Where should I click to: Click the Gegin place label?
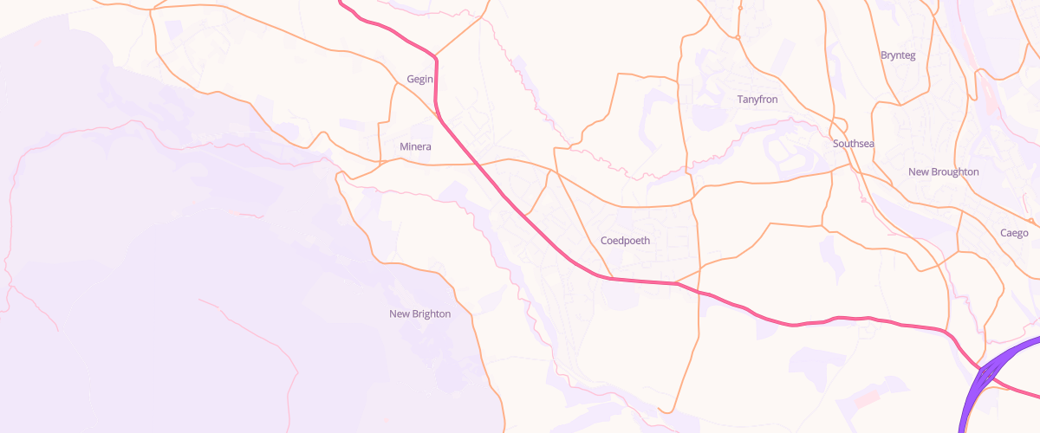tap(419, 80)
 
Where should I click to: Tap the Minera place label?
tap(415, 146)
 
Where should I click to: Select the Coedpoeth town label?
tap(624, 240)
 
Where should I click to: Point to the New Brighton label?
tap(419, 313)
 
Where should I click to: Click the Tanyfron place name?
tap(757, 100)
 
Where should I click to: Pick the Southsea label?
tap(853, 143)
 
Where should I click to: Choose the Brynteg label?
tap(897, 55)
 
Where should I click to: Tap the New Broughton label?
tap(943, 171)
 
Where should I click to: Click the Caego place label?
tap(1014, 233)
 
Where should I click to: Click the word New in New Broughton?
tap(918, 171)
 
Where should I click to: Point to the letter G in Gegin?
tap(410, 80)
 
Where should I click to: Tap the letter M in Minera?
tap(404, 146)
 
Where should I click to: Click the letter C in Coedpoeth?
tap(603, 240)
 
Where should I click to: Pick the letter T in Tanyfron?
tap(740, 100)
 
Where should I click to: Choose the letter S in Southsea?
tap(835, 143)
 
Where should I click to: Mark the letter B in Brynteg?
tap(883, 55)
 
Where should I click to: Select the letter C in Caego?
tap(1004, 233)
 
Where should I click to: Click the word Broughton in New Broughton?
tap(954, 171)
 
